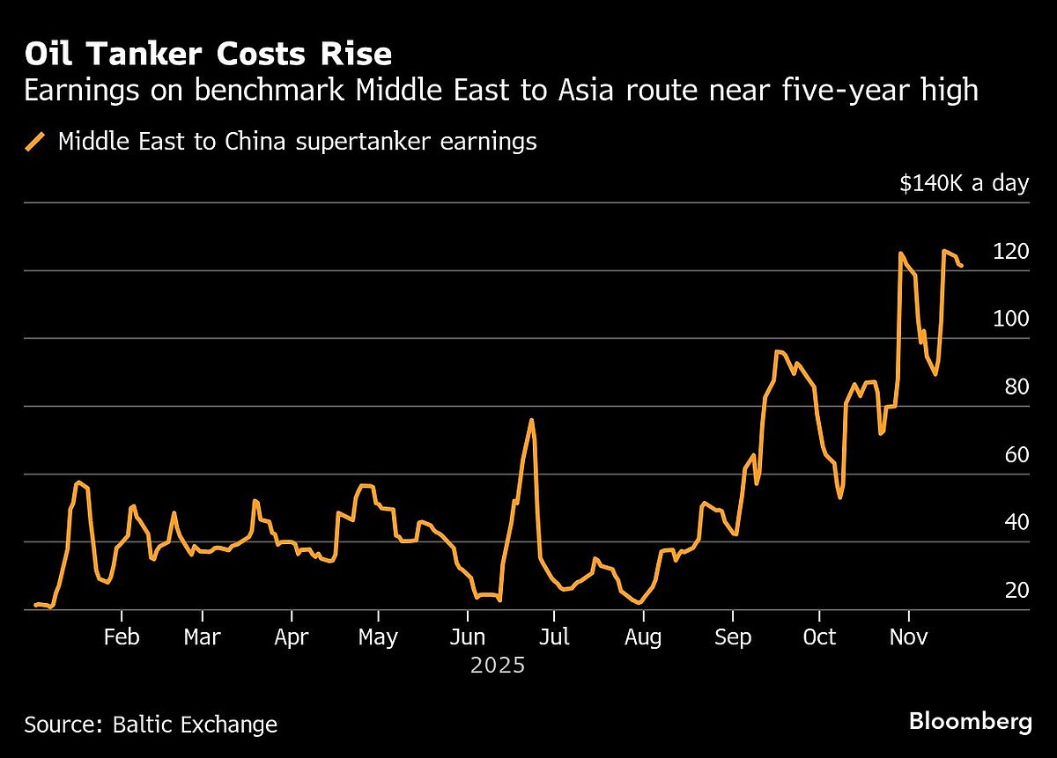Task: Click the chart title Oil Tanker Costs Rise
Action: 208,55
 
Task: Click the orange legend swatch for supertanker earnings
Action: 36,142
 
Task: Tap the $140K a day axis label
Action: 964,184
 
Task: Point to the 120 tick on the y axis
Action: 1010,252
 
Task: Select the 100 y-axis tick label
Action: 1010,320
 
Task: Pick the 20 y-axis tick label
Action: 1016,591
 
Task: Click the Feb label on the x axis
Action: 122,637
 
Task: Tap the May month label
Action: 378,637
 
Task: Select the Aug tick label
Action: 643,637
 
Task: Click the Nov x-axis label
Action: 908,637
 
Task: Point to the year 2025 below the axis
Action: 498,666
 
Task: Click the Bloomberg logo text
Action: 970,722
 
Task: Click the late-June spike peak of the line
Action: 531,420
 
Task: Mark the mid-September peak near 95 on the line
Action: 778,351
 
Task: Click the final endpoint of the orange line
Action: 962,265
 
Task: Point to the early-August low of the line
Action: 640,603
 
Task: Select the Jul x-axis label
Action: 553,637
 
